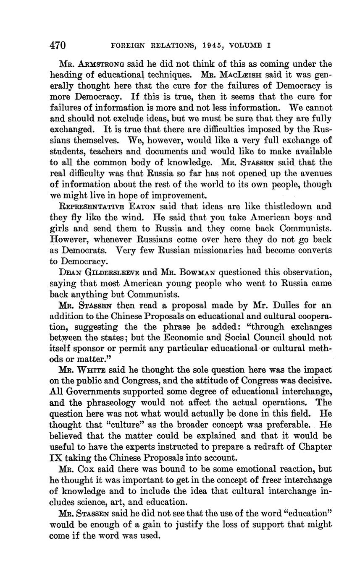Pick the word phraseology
coord(109,403)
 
